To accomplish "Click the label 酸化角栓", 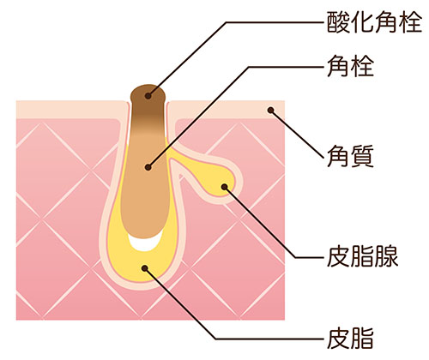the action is coord(374,22).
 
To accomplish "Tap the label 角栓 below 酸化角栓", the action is coord(350,66).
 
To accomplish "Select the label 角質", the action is coord(350,156).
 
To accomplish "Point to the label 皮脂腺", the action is coord(363,256).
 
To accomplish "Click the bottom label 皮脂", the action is coord(350,339).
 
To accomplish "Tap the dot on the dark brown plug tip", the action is coord(148,96).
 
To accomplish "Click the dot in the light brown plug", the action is coord(148,167).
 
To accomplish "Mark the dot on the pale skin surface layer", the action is coord(270,110).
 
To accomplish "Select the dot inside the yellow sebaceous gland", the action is coord(225,187).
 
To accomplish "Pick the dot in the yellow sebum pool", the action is coord(145,268).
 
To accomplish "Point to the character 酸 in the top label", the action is coord(339,22).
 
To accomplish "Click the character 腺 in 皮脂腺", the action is coord(387,256).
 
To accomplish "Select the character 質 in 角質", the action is coord(362,156).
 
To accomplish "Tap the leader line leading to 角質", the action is coord(298,134).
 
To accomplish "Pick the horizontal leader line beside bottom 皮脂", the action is coord(271,339).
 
